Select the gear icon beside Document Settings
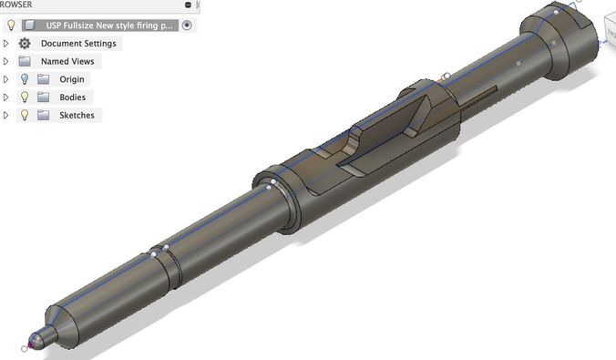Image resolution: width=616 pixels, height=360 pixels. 25,44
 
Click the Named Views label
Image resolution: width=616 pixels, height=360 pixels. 67,62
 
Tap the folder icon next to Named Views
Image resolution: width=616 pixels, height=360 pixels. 25,62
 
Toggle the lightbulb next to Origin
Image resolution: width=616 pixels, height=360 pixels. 25,79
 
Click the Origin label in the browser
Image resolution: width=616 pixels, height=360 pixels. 72,79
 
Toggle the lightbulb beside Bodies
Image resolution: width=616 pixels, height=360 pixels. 25,98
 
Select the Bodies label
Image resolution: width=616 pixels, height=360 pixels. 72,98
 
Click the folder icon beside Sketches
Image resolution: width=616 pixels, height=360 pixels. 43,116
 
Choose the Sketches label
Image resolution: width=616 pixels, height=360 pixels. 77,116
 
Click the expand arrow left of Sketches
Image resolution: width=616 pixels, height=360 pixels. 7,116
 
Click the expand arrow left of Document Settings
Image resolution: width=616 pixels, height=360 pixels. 7,44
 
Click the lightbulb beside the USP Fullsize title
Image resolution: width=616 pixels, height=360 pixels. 11,26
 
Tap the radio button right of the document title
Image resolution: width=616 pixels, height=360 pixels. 187,26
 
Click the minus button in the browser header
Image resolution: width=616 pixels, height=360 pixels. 188,5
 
